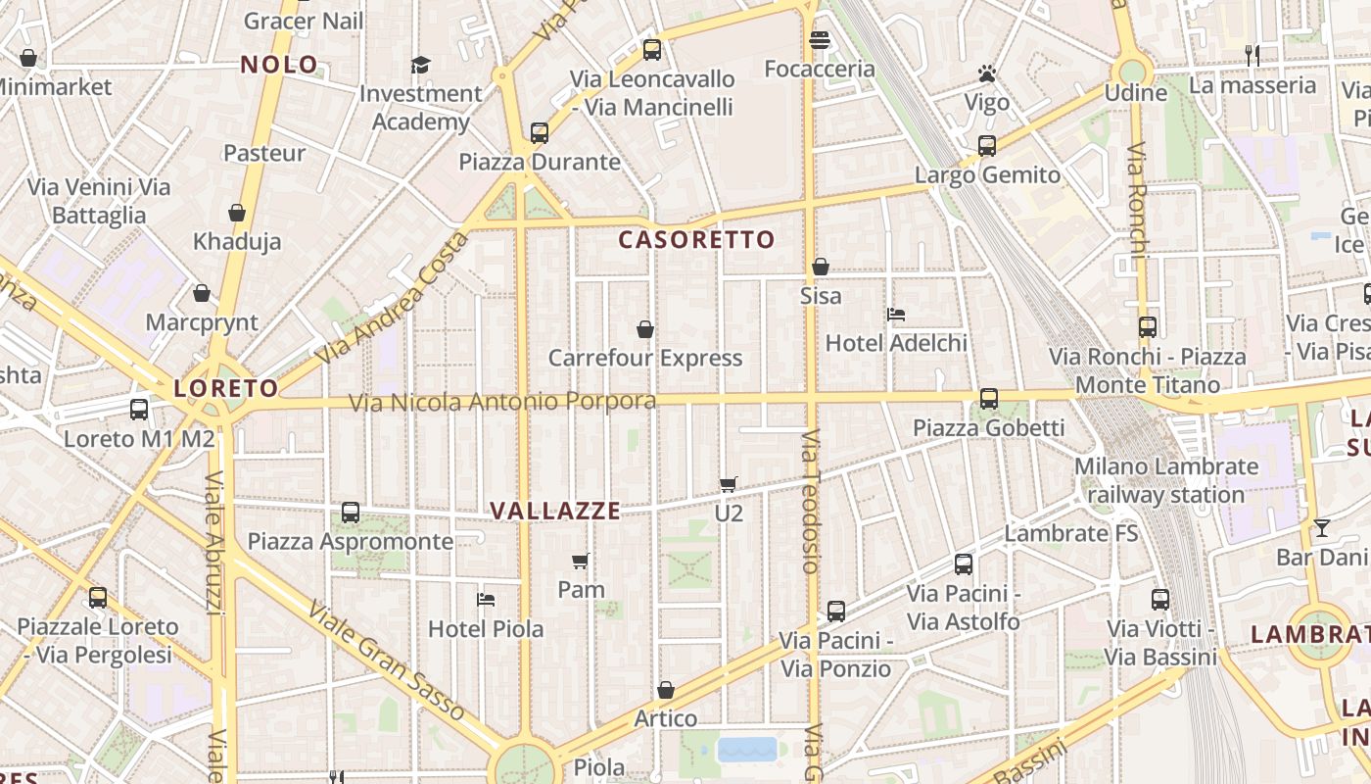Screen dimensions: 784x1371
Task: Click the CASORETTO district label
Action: [696, 239]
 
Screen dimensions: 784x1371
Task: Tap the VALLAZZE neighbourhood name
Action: [555, 511]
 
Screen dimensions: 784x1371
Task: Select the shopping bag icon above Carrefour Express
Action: [645, 329]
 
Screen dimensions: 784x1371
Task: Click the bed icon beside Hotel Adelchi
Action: [896, 315]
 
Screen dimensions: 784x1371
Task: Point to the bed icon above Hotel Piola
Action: [486, 599]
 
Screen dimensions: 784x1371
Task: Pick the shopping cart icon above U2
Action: [728, 484]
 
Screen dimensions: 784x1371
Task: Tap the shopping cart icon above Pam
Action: [581, 562]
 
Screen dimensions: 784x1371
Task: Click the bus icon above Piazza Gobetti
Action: [989, 399]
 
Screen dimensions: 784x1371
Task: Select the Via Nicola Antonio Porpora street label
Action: [502, 402]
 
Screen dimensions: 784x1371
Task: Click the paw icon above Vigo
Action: [986, 73]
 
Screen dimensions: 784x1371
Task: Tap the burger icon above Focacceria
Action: [820, 40]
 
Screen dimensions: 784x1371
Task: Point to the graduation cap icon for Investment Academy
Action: [420, 66]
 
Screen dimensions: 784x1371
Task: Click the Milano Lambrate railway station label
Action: [1165, 480]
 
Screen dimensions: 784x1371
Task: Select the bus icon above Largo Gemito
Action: [987, 146]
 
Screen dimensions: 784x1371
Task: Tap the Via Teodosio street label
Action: [811, 501]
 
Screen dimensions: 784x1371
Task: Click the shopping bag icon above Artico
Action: [666, 690]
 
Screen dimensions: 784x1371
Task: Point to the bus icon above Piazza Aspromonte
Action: [351, 513]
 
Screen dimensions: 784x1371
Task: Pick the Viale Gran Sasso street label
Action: [386, 661]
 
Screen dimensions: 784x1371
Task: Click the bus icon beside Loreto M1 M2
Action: [139, 410]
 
